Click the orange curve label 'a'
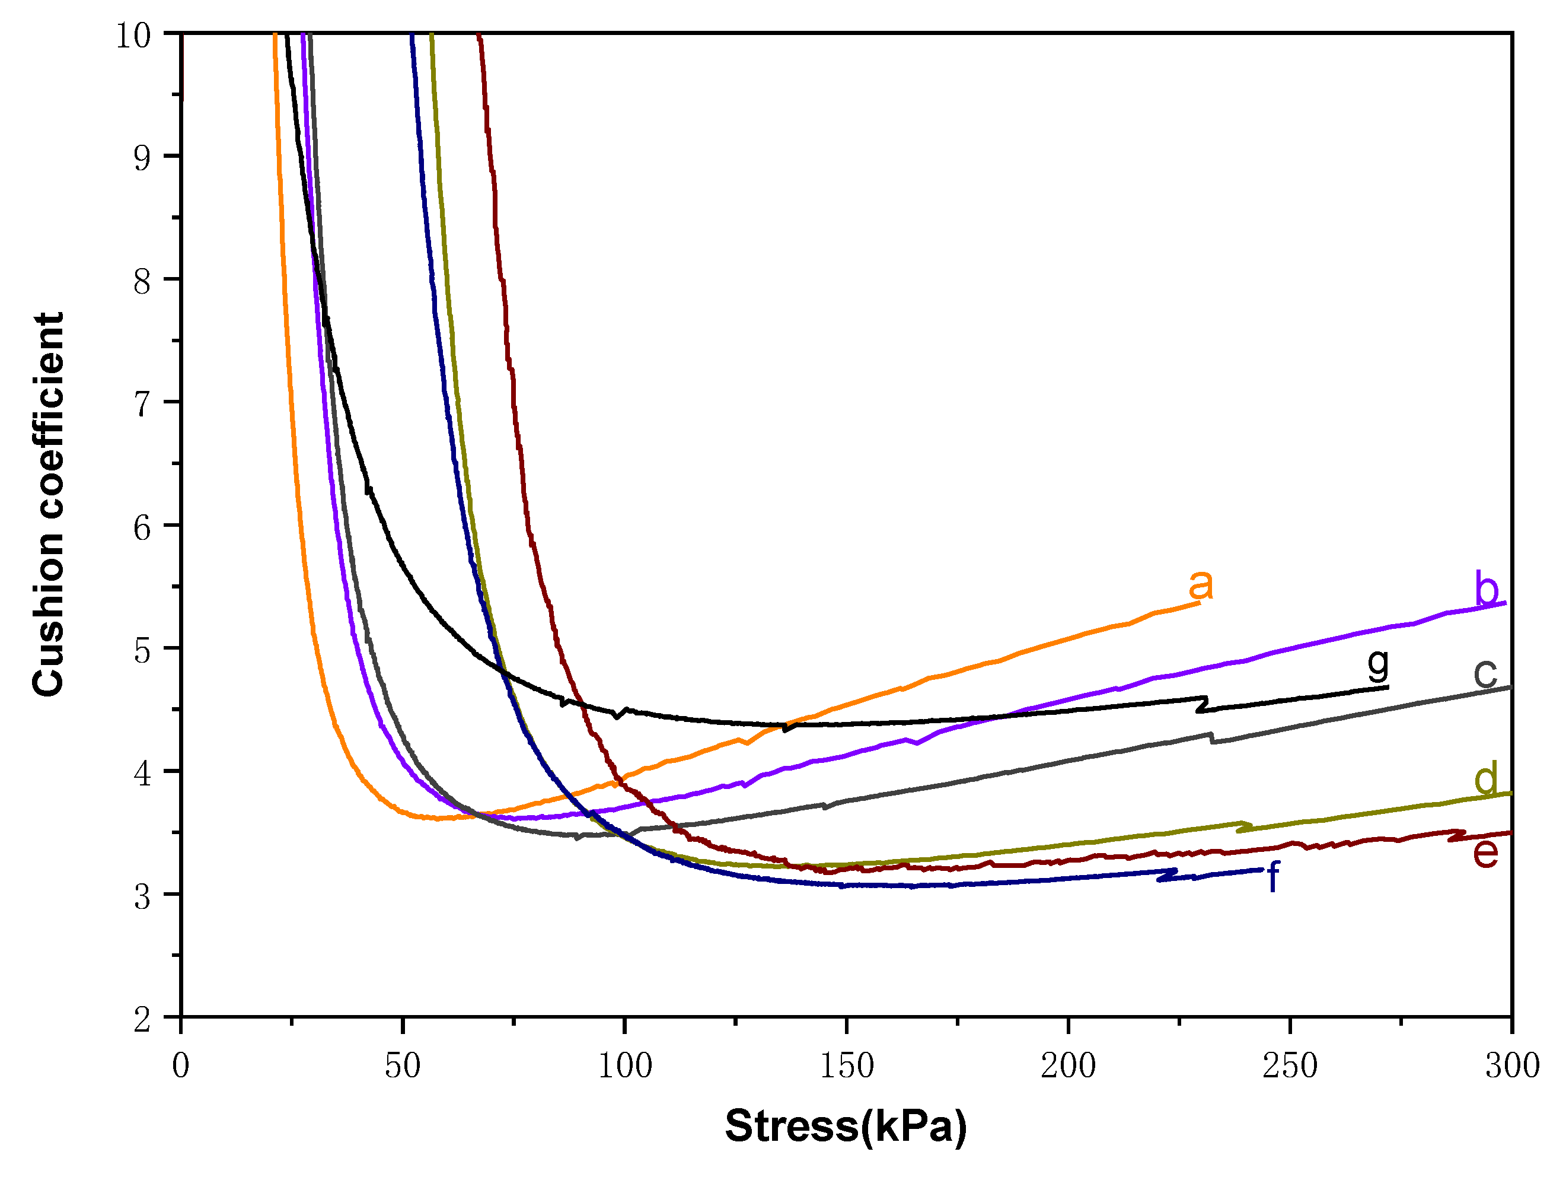coord(1201,585)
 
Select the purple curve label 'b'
coord(1486,589)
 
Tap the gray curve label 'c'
coord(1485,673)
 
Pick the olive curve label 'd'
coord(1486,778)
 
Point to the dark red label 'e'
coord(1485,852)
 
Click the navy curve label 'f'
coord(1273,877)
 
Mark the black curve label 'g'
coord(1377,664)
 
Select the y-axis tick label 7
coord(142,403)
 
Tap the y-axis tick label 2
coord(142,1019)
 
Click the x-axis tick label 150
coord(847,1067)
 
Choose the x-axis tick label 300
coord(1512,1067)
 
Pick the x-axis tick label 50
coord(403,1067)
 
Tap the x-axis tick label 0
coord(181,1067)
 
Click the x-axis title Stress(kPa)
coord(846,1127)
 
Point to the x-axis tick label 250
coord(1290,1067)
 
